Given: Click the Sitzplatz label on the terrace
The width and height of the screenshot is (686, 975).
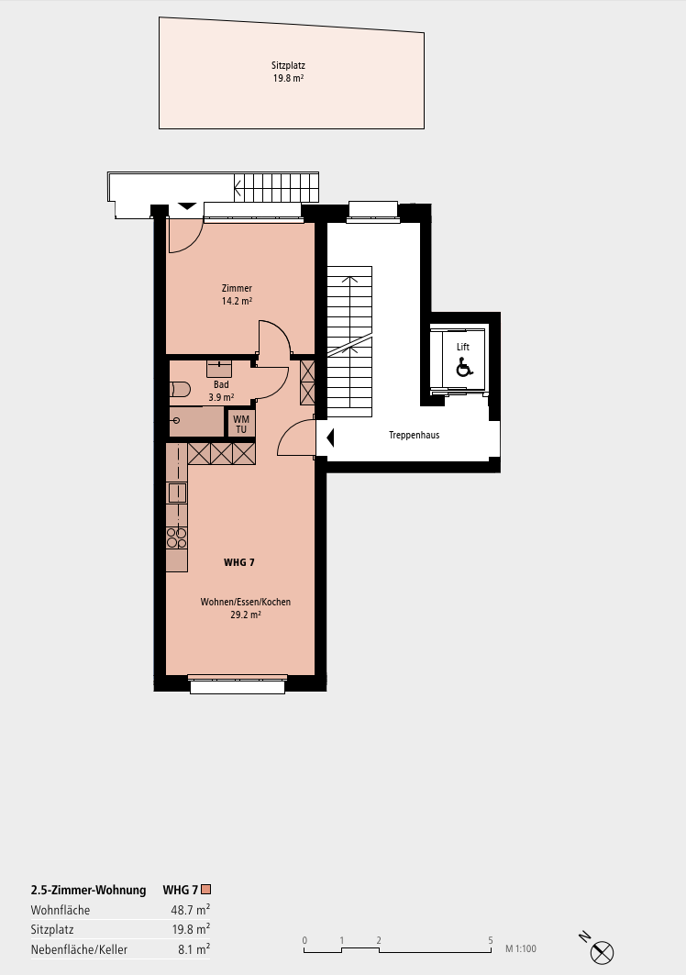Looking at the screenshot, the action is (288, 72).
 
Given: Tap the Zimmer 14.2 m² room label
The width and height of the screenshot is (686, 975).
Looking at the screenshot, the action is (237, 294).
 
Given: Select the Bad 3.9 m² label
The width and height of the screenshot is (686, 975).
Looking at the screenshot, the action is (221, 391).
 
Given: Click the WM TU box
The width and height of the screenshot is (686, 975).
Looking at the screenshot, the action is (241, 424).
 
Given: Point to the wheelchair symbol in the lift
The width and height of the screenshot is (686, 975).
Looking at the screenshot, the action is (464, 368).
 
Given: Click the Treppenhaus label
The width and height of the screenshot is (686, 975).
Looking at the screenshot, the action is (415, 436).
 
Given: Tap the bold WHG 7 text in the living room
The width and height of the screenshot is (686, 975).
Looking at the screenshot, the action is (239, 563).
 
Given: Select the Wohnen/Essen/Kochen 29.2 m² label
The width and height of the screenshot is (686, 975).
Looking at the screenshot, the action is (246, 608).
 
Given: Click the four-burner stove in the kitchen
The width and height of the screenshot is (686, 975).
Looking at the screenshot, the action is (177, 537).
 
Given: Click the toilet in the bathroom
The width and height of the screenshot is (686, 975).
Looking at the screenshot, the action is (179, 390).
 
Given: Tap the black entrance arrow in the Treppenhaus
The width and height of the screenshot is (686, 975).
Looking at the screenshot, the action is (330, 438).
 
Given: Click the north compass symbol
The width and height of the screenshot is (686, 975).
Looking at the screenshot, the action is (601, 951).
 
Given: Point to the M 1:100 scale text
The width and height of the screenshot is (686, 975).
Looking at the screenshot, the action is (521, 949).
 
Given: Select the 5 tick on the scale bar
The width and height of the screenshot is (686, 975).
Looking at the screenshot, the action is (491, 940).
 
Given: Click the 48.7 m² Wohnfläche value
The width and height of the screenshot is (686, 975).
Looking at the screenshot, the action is (191, 910).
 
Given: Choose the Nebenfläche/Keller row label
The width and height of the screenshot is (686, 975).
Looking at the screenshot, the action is (79, 949).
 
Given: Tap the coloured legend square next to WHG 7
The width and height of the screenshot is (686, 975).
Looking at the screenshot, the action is (205, 889).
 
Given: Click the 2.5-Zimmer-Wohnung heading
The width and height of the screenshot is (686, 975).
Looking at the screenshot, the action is (88, 890).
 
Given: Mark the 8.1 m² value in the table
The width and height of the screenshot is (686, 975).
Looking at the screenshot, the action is (194, 949).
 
